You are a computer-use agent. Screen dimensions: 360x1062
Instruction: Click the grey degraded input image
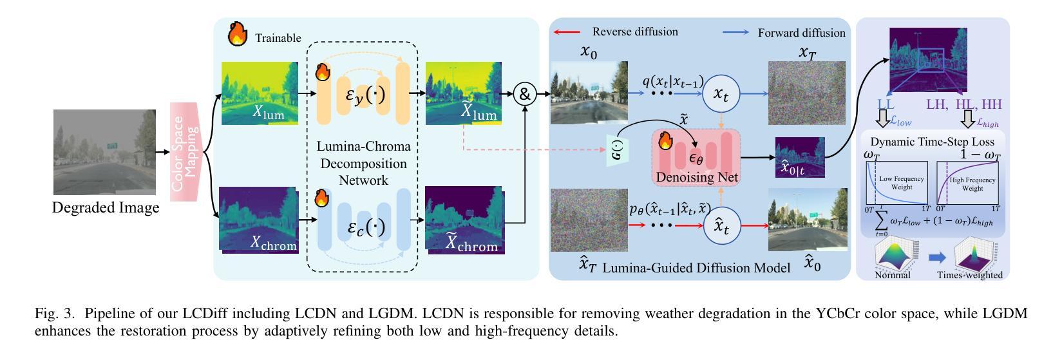click(104, 152)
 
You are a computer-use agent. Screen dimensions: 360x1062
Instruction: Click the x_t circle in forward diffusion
click(719, 94)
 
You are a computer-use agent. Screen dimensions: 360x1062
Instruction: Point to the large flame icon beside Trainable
click(238, 35)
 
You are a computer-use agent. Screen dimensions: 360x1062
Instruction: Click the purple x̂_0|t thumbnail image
click(799, 157)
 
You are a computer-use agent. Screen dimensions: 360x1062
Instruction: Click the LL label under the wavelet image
click(886, 104)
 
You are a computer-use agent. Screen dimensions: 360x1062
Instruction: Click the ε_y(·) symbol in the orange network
click(366, 95)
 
